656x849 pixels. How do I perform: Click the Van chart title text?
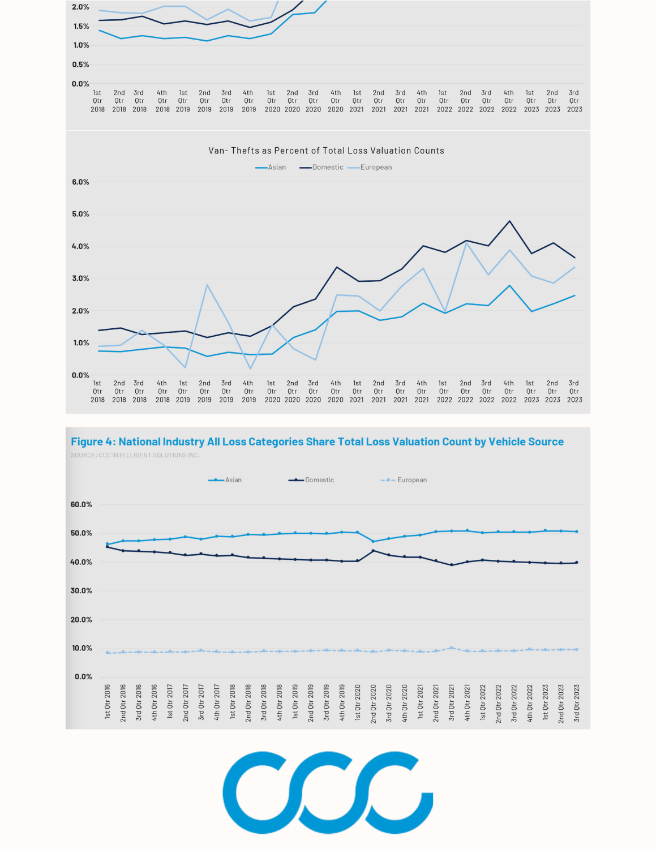click(326, 151)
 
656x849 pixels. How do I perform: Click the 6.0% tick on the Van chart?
click(80, 182)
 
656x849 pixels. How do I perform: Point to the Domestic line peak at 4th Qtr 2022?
click(509, 221)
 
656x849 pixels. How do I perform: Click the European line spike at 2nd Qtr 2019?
click(207, 285)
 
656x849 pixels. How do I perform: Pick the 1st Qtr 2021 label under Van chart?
click(357, 391)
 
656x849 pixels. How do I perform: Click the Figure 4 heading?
click(317, 442)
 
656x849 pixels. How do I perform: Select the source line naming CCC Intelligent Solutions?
click(135, 455)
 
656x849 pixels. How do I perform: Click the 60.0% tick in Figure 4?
click(82, 504)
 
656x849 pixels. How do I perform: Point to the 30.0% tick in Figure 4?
click(82, 590)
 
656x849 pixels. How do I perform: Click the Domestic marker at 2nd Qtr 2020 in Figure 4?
click(373, 551)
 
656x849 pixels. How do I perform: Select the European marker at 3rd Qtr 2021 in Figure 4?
click(451, 648)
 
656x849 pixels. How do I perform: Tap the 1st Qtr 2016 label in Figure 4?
click(108, 702)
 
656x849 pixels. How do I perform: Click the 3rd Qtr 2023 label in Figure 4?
click(577, 702)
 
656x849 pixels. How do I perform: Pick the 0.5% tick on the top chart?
click(80, 65)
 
